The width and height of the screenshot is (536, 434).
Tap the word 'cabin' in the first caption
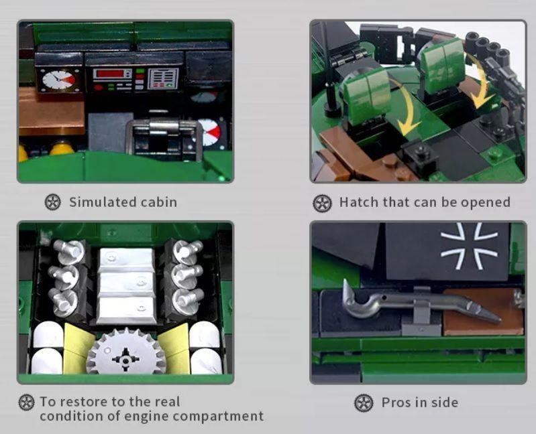coord(159,202)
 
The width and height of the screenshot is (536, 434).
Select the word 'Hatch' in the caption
coord(358,202)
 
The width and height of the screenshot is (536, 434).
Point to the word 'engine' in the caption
coord(146,417)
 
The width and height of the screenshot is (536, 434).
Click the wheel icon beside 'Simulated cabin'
coord(53,202)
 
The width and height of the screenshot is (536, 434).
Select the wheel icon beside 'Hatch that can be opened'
coord(323,204)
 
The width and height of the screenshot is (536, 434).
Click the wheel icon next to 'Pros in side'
coord(364,403)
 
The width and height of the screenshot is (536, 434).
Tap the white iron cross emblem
coord(469,245)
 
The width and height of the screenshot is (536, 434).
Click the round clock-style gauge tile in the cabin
coord(59,80)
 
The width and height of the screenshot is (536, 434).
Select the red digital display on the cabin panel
coord(110,74)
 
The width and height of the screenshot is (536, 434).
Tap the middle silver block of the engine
coord(127,285)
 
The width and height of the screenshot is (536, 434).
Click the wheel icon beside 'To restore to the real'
coord(27,402)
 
